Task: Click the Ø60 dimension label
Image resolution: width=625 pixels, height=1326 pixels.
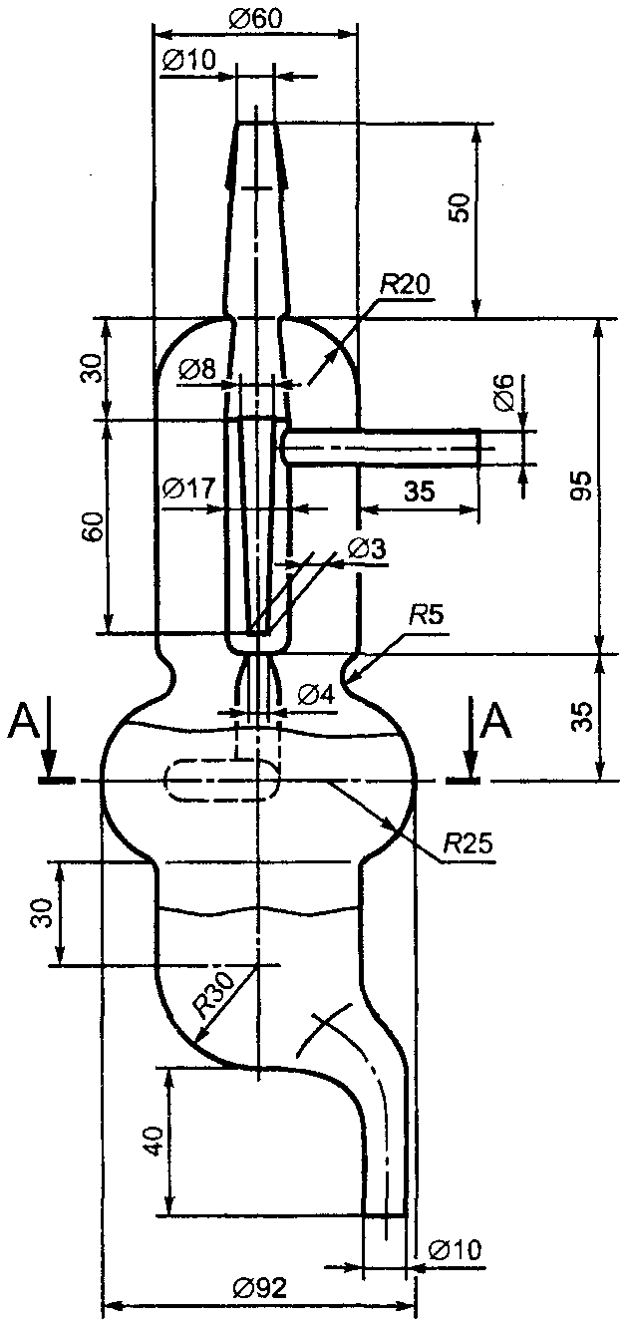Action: click(255, 19)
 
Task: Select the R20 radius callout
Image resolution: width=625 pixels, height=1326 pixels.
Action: click(405, 286)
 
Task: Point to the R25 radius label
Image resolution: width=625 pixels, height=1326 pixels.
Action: click(469, 843)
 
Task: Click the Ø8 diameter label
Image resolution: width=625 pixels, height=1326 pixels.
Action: click(197, 371)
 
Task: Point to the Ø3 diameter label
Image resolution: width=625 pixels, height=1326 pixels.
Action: click(367, 548)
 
